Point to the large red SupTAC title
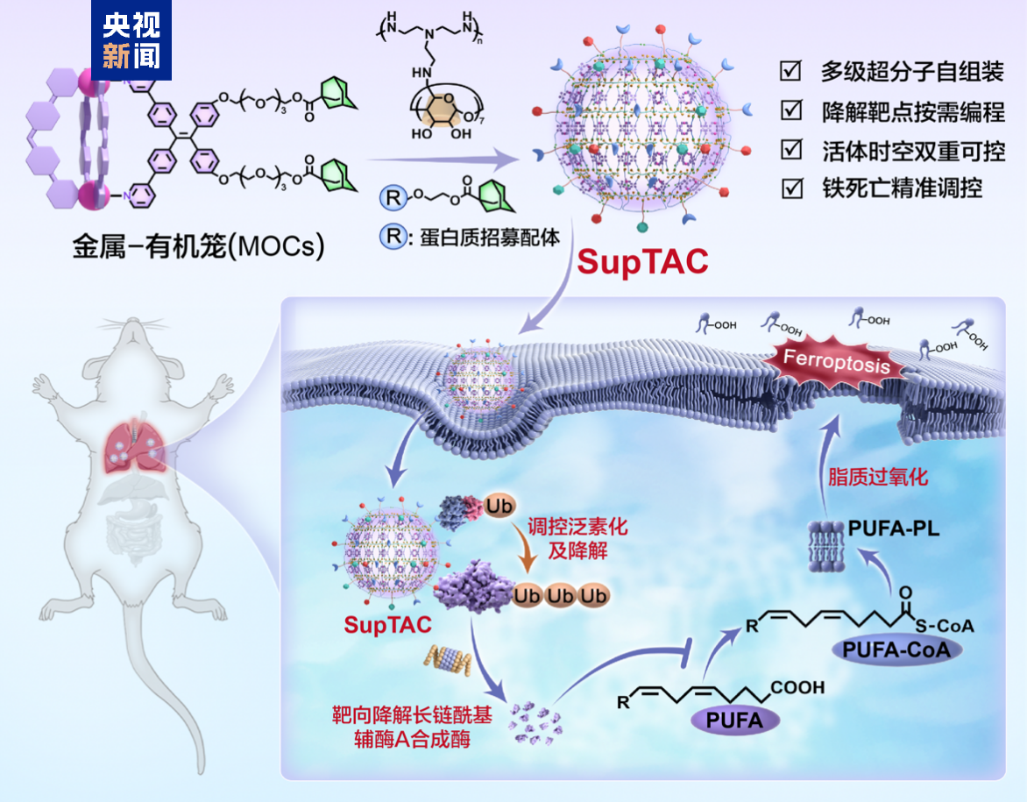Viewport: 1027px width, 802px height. [x=641, y=262]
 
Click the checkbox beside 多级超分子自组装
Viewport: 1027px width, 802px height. [x=792, y=70]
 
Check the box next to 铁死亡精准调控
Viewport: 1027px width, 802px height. [x=792, y=188]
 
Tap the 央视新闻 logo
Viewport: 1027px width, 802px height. [x=131, y=40]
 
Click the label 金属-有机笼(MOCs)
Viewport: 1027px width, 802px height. [x=198, y=248]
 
